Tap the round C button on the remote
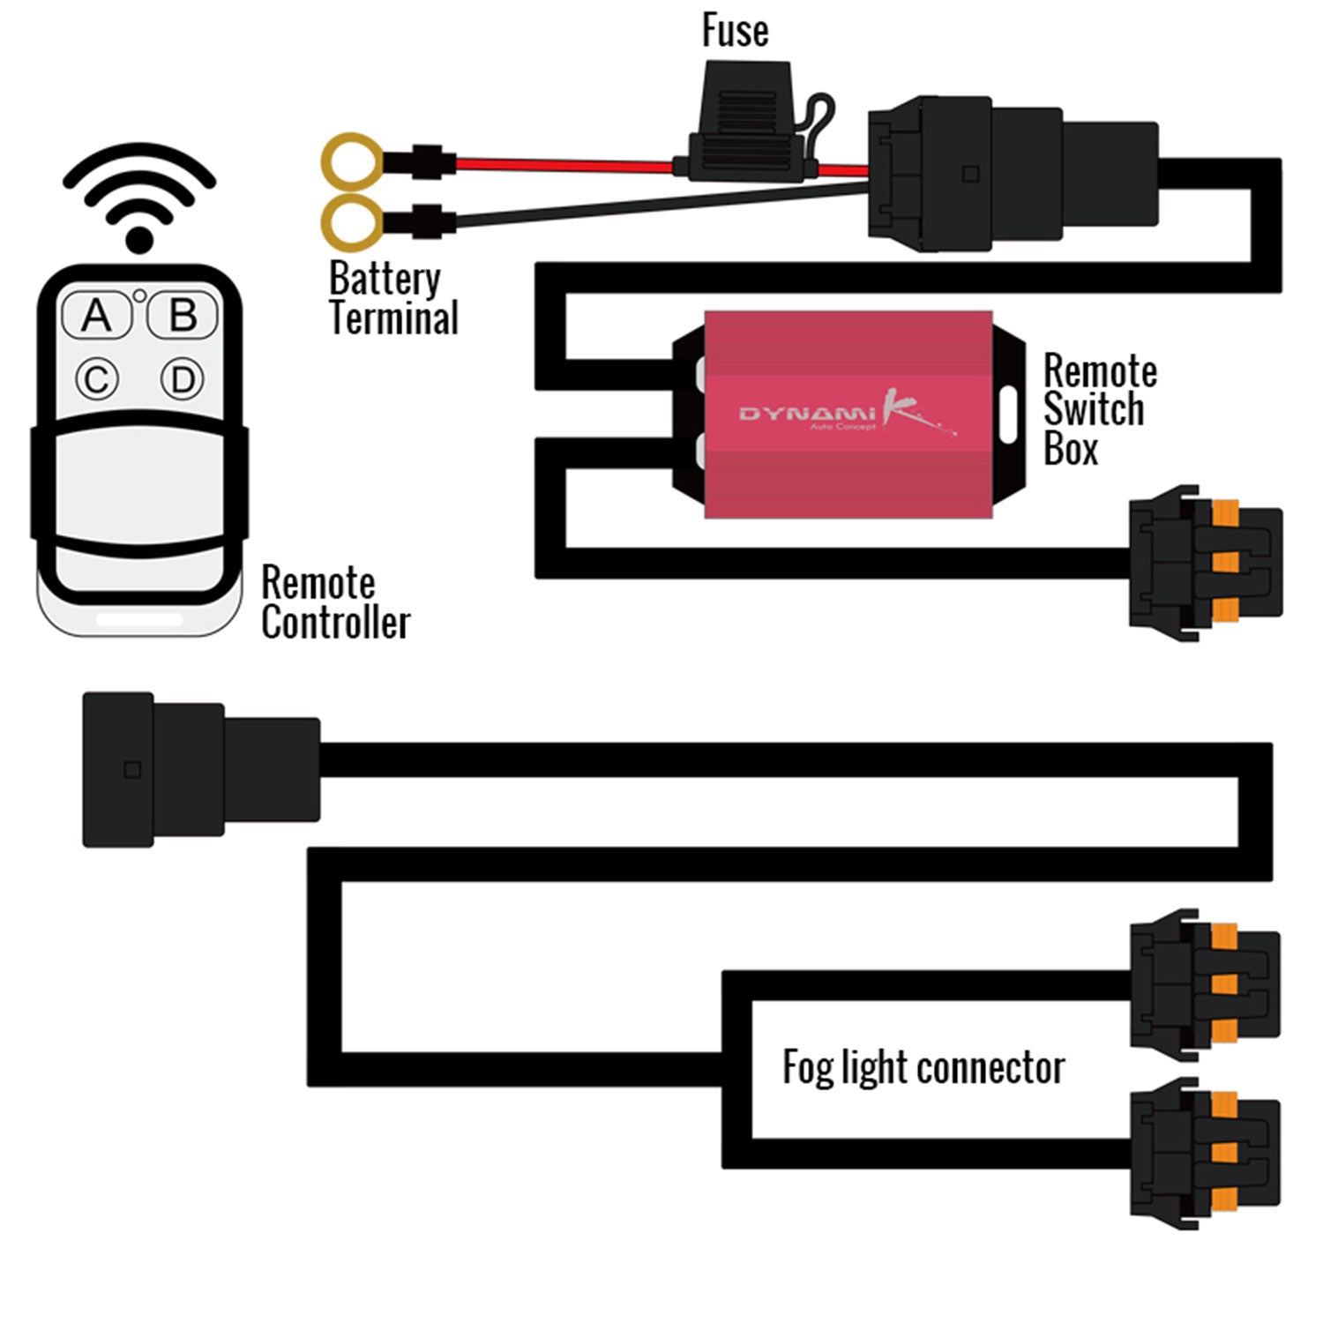click(96, 380)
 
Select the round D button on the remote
click(183, 380)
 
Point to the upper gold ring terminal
click(352, 162)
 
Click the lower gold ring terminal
click(352, 221)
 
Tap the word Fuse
click(735, 31)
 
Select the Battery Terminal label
click(393, 299)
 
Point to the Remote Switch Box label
click(1098, 410)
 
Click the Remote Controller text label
click(335, 603)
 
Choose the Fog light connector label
click(923, 1068)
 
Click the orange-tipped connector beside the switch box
click(1207, 563)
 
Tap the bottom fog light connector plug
click(1205, 1152)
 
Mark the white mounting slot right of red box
click(1008, 414)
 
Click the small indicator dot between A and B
click(139, 295)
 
